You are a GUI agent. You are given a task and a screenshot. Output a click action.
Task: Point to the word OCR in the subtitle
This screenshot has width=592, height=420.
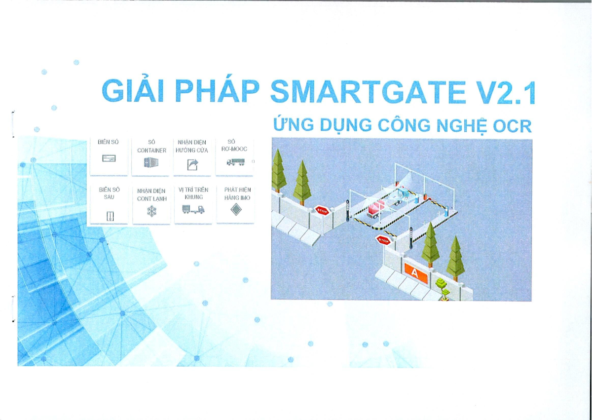pyautogui.click(x=513, y=126)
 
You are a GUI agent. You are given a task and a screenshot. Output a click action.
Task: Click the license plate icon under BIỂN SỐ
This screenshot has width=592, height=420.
pyautogui.click(x=109, y=158)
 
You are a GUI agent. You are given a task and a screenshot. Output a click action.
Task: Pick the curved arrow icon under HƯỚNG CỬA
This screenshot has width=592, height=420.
pyautogui.click(x=192, y=164)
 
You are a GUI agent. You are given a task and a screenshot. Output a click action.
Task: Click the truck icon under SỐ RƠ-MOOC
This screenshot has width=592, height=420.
pyautogui.click(x=235, y=161)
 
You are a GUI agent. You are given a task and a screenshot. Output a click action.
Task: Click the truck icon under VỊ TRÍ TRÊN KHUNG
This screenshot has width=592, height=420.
pyautogui.click(x=193, y=210)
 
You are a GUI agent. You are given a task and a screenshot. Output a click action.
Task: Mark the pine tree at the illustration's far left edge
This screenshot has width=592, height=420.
pyautogui.click(x=278, y=170)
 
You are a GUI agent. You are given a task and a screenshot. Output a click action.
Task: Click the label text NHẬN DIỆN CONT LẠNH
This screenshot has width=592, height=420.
pyautogui.click(x=151, y=194)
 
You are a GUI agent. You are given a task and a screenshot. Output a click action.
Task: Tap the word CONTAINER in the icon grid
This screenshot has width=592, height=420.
pyautogui.click(x=151, y=150)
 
